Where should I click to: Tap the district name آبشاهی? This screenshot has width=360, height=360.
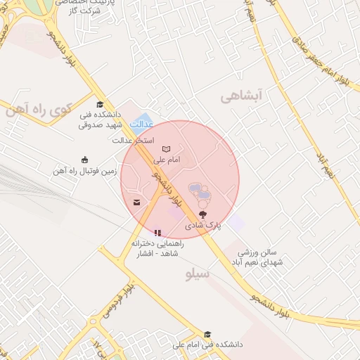coord(240,96)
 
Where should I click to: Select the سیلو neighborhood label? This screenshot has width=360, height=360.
coord(197,274)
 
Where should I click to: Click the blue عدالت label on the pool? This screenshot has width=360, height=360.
coord(141,124)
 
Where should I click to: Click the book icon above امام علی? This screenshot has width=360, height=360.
coord(166,149)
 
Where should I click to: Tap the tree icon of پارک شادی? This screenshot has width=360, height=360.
coord(204,215)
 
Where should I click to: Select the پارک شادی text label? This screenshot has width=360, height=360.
coord(203,226)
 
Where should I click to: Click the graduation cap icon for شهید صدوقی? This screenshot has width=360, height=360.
coord(100,104)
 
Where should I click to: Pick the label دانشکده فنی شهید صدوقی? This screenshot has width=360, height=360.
coord(98,119)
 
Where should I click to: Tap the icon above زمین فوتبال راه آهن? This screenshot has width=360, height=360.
coord(85,159)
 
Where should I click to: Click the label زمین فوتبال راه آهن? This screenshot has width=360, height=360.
coord(82,171)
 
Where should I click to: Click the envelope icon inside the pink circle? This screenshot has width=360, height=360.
coord(136,202)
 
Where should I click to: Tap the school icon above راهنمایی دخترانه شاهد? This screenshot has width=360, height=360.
coord(157,232)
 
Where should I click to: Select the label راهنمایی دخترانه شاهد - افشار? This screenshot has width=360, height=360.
coord(157,248)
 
